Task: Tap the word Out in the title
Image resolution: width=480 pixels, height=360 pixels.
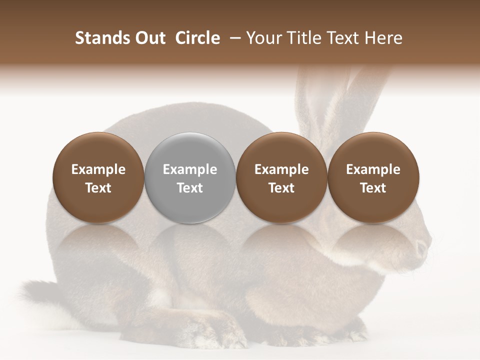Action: [149, 38]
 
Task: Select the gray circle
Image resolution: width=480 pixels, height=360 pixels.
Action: [190, 178]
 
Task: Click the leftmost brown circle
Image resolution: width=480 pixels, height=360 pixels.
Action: [98, 178]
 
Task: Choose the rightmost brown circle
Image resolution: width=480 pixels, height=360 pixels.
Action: [373, 178]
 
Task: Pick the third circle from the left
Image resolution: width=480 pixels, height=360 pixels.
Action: [281, 178]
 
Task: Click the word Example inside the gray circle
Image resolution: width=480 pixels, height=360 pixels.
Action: [190, 169]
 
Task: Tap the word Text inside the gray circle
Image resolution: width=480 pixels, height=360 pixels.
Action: [190, 188]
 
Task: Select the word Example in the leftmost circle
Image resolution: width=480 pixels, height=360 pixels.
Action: [98, 169]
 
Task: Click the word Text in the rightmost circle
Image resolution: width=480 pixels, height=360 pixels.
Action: [373, 188]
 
